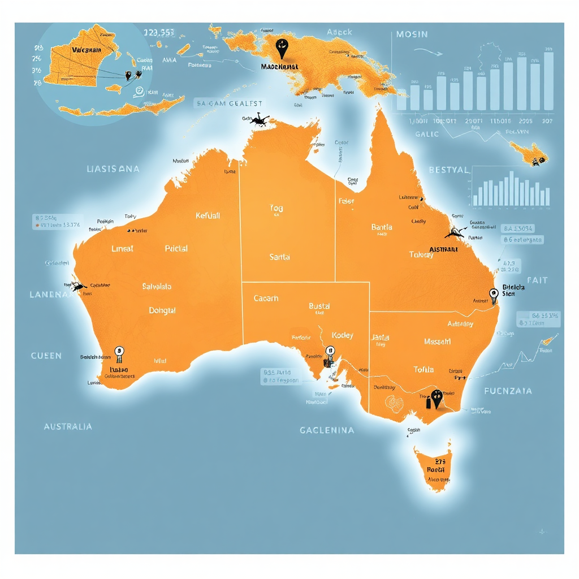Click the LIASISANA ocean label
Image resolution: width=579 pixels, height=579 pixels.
pyautogui.click(x=113, y=169)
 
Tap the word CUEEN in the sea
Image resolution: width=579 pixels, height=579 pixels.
pyautogui.click(x=46, y=356)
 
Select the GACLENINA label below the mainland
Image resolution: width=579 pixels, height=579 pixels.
pyautogui.click(x=327, y=430)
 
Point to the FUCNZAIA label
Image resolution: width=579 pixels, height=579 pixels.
pyautogui.click(x=508, y=391)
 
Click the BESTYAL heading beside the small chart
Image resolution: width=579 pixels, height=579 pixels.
pyautogui.click(x=448, y=170)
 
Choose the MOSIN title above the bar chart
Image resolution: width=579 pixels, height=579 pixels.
pyautogui.click(x=412, y=34)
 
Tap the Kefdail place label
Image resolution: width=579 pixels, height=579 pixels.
pyautogui.click(x=208, y=215)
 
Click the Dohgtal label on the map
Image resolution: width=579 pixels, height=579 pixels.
pyautogui.click(x=162, y=310)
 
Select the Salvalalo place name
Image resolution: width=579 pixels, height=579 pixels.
pyautogui.click(x=157, y=287)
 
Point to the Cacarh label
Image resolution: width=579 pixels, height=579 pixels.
pyautogui.click(x=266, y=298)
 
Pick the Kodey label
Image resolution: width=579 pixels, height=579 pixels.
pyautogui.click(x=342, y=335)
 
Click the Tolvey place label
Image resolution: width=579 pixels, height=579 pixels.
pyautogui.click(x=421, y=255)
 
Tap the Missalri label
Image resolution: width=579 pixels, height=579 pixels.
pyautogui.click(x=437, y=342)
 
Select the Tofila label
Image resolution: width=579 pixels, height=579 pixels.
pyautogui.click(x=424, y=369)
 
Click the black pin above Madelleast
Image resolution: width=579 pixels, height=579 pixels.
pyautogui.click(x=281, y=47)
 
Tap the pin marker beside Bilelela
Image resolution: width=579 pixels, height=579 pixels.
pyautogui.click(x=493, y=294)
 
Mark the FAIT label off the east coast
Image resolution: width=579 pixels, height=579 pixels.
pyautogui.click(x=537, y=280)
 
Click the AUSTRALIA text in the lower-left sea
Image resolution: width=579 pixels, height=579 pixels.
pyautogui.click(x=68, y=426)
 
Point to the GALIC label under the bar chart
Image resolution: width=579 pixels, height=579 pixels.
pyautogui.click(x=427, y=134)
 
